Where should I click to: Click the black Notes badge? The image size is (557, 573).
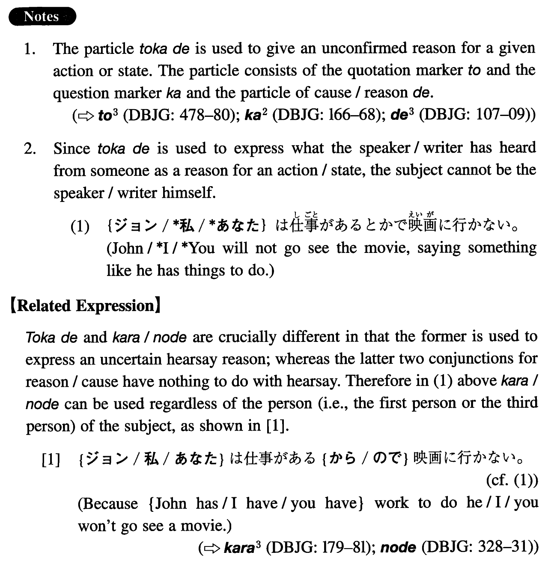(42, 17)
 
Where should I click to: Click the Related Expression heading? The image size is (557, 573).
(85, 306)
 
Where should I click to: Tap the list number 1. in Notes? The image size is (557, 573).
(30, 49)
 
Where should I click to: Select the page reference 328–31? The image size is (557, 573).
(503, 547)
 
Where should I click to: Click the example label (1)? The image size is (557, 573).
(80, 226)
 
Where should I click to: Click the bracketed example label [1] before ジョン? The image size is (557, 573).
(51, 460)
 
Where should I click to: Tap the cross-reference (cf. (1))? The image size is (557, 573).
(512, 481)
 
